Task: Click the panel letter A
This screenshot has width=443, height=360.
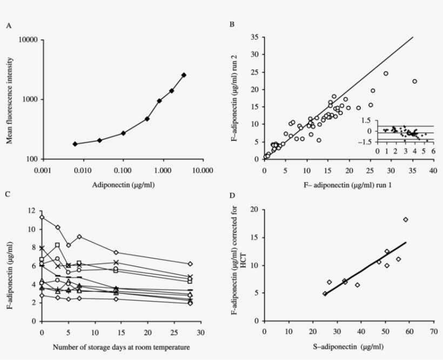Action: pos(9,25)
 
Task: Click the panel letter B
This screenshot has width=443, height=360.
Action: pos(232,25)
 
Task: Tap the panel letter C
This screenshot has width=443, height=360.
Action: pos(9,194)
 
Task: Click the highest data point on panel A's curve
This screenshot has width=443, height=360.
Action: pos(184,75)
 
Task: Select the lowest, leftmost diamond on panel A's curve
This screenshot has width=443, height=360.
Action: pos(75,144)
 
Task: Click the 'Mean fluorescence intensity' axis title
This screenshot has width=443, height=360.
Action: pos(9,99)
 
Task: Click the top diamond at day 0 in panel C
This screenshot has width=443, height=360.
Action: pos(42,217)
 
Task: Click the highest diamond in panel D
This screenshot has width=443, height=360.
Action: pos(405,219)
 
